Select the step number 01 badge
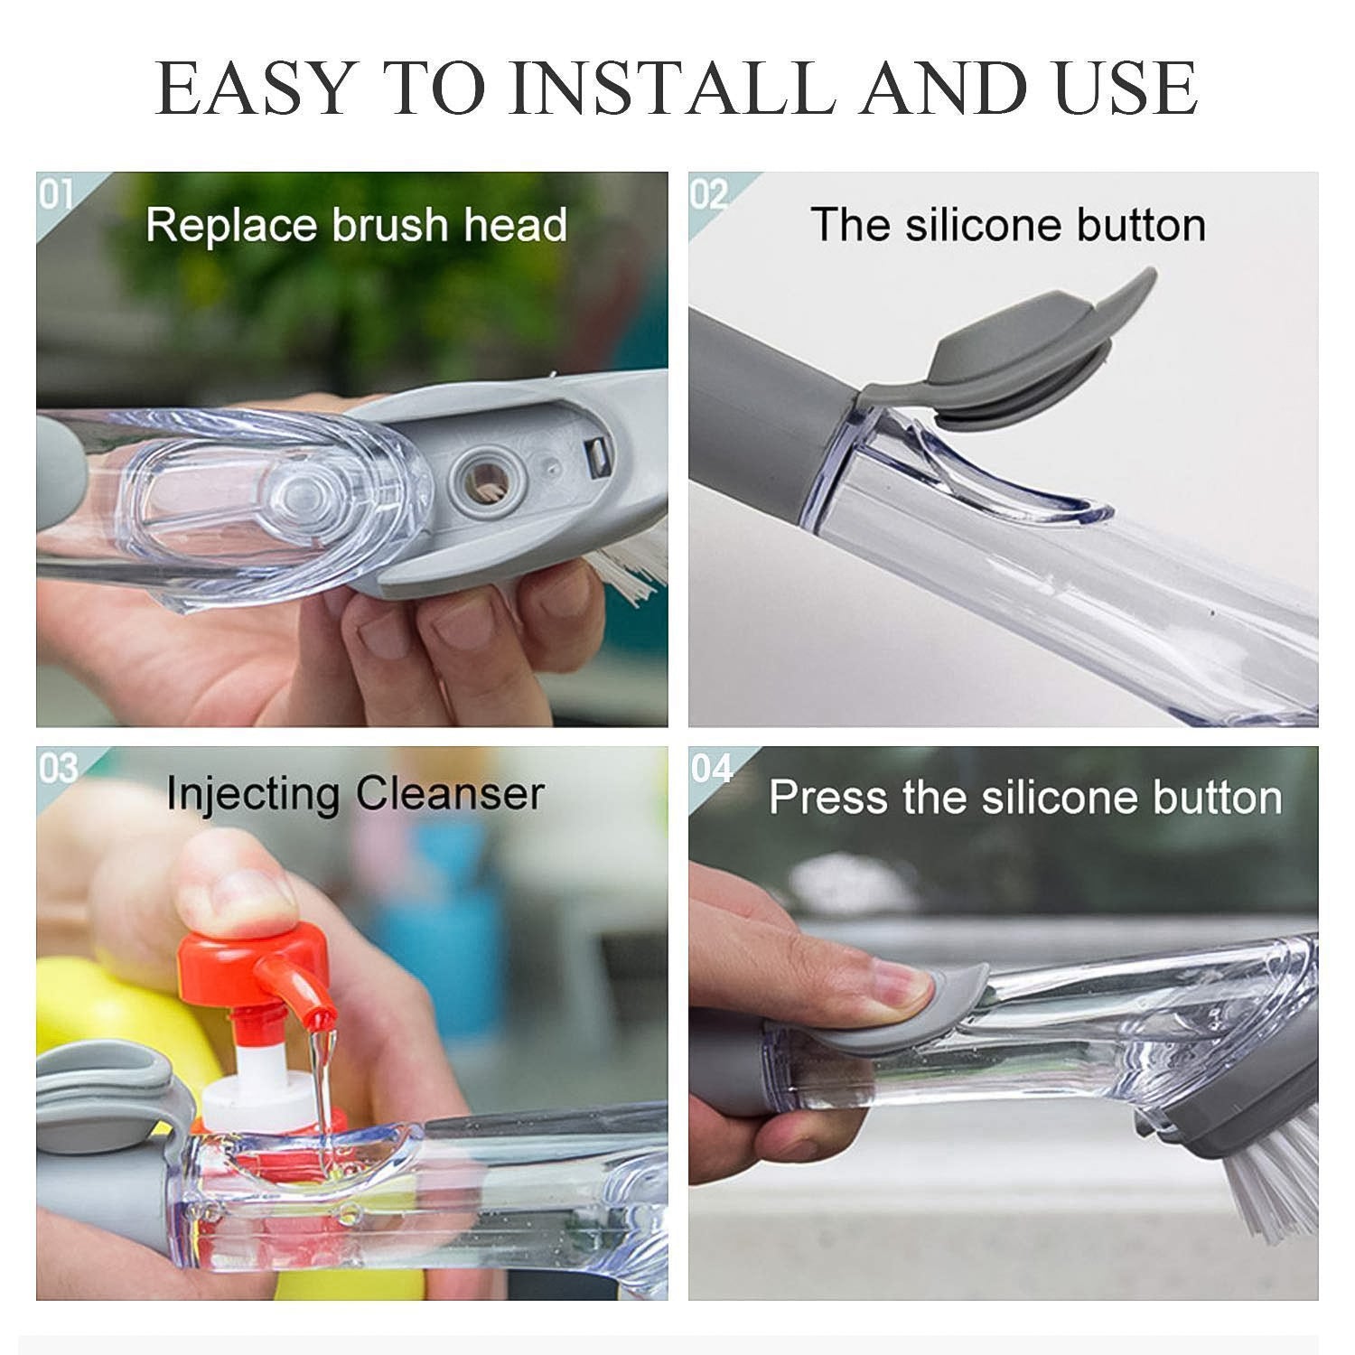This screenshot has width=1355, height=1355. [x=56, y=194]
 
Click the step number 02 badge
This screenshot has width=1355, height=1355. [x=709, y=194]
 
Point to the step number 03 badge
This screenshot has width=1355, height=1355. [x=58, y=769]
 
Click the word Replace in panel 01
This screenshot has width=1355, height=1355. [x=231, y=225]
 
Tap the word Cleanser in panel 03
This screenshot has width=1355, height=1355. [x=449, y=794]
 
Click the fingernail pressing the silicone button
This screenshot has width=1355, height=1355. [x=897, y=986]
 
